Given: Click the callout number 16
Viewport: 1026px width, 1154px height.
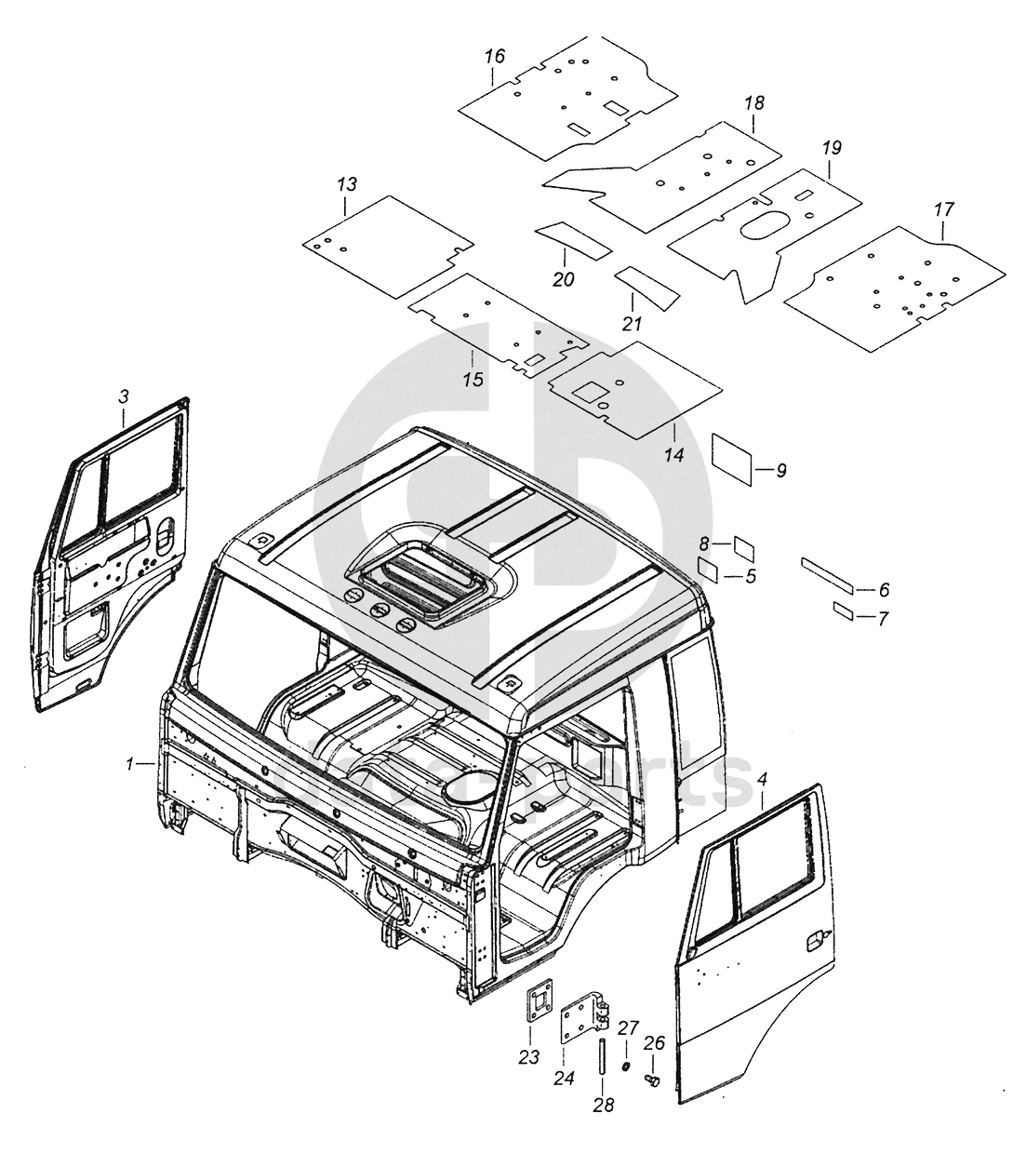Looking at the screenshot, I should [494, 57].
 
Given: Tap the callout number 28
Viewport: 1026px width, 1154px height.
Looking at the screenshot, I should [603, 1106].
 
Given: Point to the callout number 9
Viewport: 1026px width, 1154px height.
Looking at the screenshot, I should [780, 471].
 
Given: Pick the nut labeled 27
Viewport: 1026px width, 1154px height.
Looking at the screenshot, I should [627, 1065].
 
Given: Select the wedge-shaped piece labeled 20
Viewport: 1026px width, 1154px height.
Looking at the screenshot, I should [573, 239].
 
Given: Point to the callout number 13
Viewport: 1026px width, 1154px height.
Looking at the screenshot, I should [346, 184].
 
